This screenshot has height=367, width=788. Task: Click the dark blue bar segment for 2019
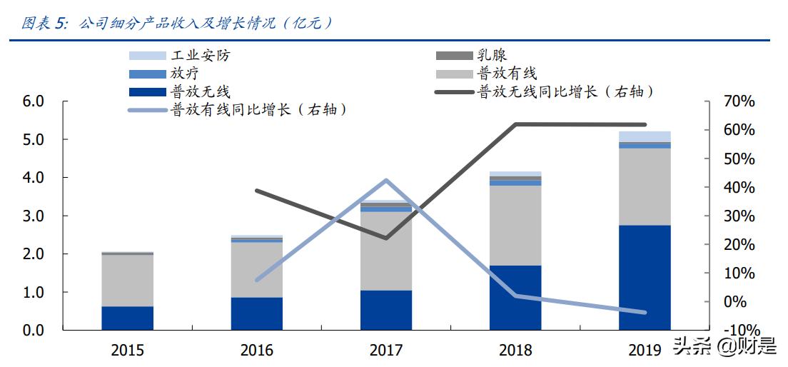point(645,277)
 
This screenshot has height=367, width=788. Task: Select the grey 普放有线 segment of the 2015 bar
point(127,280)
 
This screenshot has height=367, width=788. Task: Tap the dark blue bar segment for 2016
point(256,313)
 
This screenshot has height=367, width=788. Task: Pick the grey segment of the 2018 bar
point(515,225)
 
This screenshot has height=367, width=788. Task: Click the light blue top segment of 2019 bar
point(645,136)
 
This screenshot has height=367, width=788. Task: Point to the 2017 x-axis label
point(386,350)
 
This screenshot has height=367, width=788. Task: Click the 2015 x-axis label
point(128,350)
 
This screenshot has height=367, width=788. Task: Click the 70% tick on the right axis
point(737,101)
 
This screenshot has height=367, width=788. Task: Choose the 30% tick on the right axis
point(737,216)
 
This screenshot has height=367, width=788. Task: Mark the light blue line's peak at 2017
point(386,180)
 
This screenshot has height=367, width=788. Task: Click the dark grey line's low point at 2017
point(386,238)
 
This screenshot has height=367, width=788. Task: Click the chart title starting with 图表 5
point(178,23)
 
